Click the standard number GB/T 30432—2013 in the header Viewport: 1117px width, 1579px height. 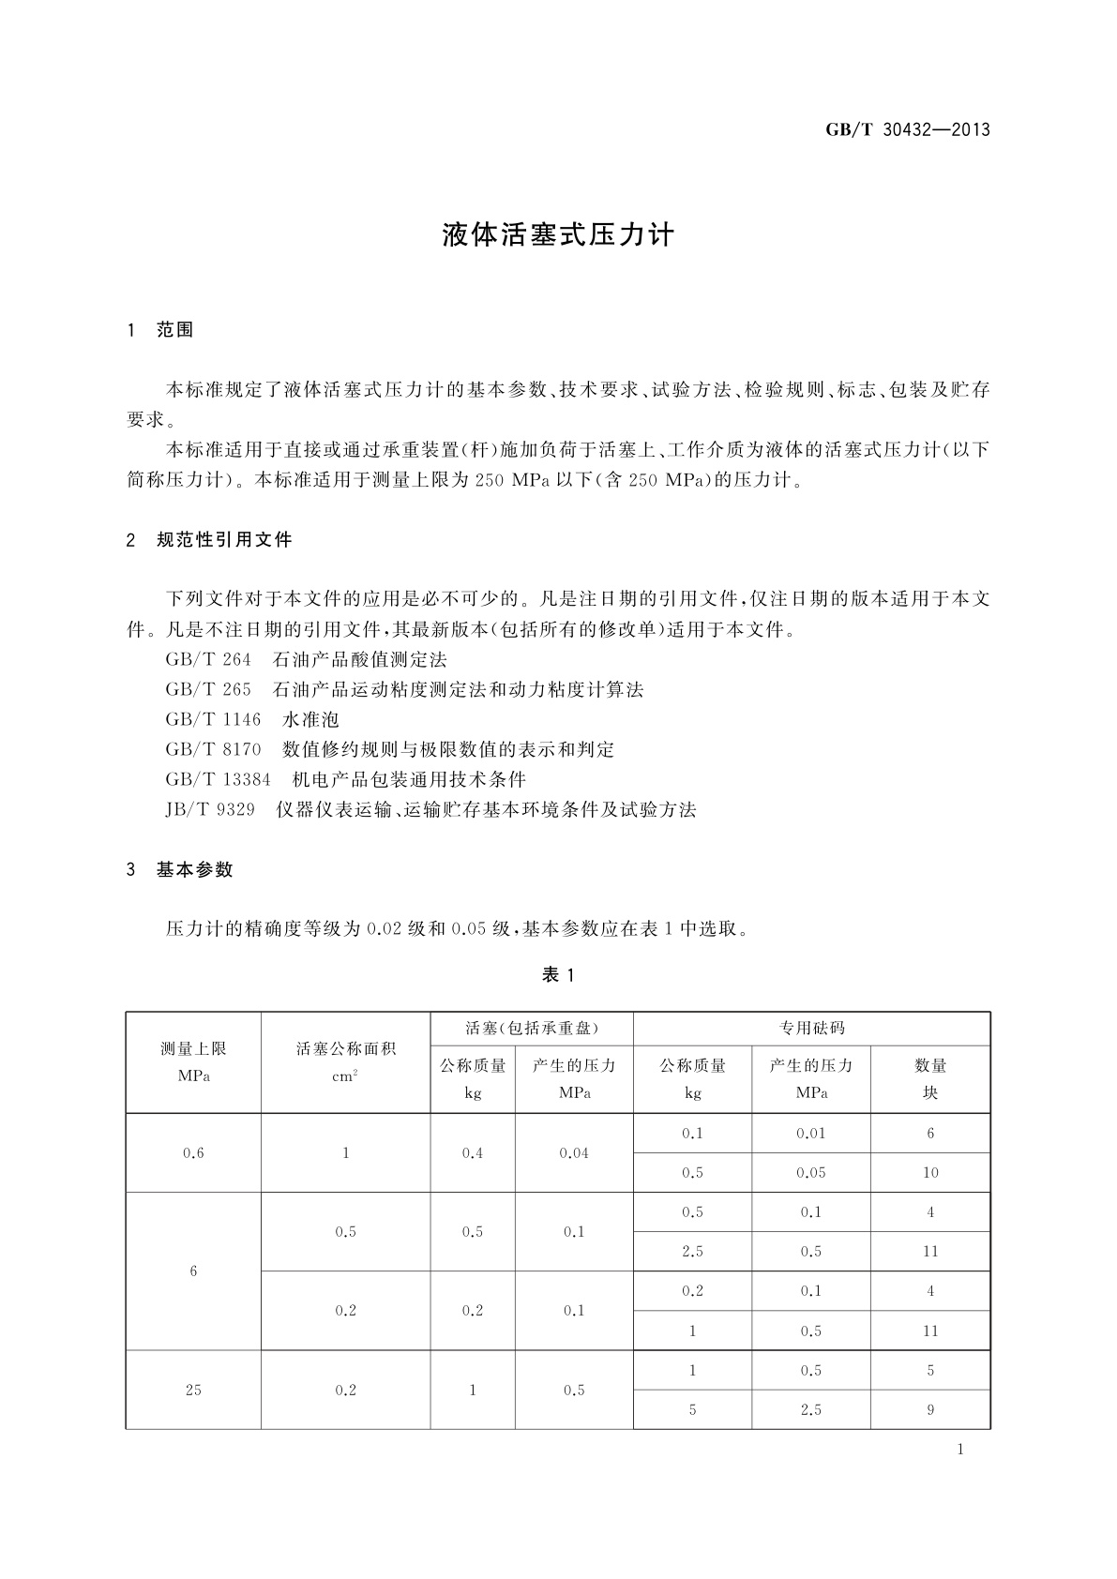coord(907,130)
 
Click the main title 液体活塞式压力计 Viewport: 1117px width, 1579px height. coord(558,235)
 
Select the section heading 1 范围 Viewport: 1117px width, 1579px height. coord(160,330)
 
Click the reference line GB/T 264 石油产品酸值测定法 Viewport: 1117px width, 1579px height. coord(306,660)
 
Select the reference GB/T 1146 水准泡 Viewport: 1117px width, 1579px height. coord(251,720)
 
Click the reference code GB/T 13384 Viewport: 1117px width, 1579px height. coord(218,780)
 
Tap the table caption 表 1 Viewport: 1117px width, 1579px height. coord(558,975)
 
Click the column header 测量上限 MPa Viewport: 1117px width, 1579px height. coord(193,1062)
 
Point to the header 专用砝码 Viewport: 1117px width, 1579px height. coord(811,1029)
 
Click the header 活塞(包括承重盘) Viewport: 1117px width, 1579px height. coord(532,1029)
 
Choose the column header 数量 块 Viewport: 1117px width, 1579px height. coord(930,1079)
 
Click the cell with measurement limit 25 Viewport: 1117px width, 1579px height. coord(193,1390)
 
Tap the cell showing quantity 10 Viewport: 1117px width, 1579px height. coord(930,1173)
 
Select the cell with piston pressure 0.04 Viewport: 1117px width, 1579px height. coord(574,1153)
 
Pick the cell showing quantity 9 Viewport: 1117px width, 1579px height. coord(930,1409)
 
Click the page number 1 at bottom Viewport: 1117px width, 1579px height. coord(960,1450)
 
